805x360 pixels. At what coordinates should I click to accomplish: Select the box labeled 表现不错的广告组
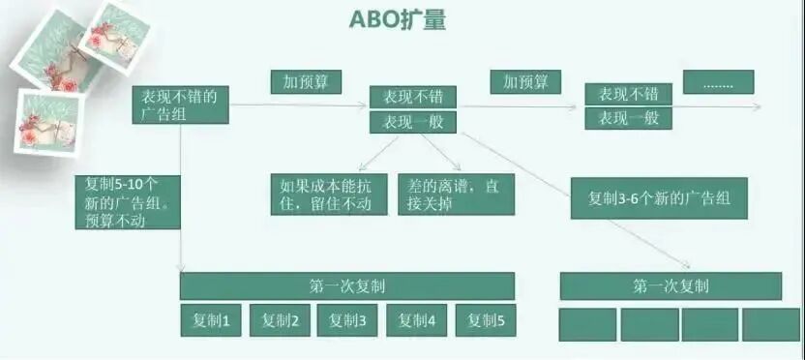181,105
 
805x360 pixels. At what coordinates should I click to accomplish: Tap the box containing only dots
718,83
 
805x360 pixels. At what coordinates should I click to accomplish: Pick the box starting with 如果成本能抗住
329,195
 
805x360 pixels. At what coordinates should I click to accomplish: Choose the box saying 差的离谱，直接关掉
456,195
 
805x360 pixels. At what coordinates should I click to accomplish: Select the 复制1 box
210,321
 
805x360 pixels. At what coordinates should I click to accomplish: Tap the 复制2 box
280,321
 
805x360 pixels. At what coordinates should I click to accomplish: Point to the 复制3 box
347,321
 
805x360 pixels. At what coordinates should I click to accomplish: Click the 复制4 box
417,321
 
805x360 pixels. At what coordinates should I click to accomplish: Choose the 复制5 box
486,321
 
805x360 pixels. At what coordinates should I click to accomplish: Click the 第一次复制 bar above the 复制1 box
347,286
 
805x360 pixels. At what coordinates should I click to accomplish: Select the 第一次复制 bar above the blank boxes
671,286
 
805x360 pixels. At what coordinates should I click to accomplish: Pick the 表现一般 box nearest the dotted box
628,119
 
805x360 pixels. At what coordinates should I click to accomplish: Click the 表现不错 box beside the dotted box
628,95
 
